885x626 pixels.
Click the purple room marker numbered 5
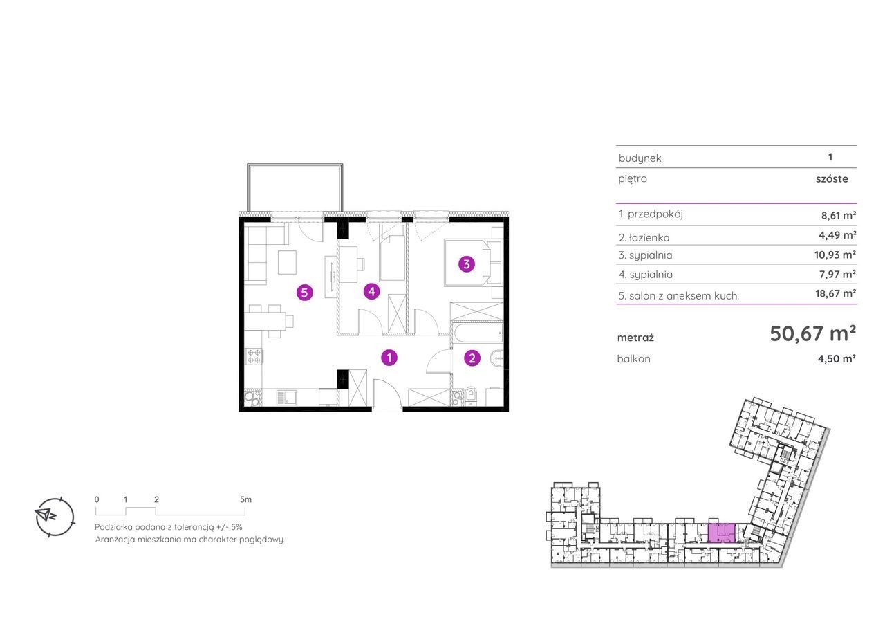tap(305, 293)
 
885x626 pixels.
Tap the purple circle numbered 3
tap(467, 264)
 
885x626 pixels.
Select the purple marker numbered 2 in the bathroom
tap(472, 358)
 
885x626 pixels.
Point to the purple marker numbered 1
tap(389, 358)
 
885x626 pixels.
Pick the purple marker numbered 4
tap(371, 292)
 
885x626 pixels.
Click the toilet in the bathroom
tap(471, 397)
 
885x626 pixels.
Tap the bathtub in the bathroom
tap(478, 334)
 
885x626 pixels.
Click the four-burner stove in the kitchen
tap(253, 356)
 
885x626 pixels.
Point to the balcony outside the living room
tap(295, 187)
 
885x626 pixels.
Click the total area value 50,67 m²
tap(812, 334)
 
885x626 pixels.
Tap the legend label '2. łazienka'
tap(644, 237)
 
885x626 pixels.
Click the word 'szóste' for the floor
tap(832, 179)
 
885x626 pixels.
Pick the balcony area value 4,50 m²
tap(837, 359)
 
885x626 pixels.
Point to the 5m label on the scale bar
tap(245, 499)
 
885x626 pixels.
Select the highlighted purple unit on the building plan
tap(721, 533)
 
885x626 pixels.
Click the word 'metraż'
tap(635, 338)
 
